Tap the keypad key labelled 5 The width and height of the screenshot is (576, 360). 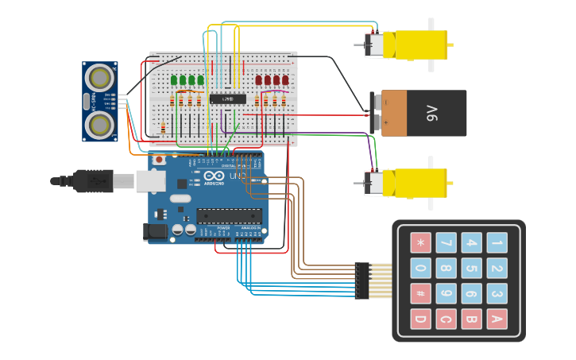471,268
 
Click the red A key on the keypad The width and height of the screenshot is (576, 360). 497,319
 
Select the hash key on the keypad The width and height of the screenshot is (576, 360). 420,293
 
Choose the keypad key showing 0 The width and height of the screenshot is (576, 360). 420,268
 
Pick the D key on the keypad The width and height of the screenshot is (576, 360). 420,319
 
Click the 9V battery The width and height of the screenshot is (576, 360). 423,113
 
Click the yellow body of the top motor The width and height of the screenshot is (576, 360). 419,45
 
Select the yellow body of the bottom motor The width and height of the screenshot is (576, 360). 419,183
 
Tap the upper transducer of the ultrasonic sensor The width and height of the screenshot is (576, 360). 100,77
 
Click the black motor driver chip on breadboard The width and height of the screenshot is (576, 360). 227,99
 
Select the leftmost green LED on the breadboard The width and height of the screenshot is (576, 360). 174,80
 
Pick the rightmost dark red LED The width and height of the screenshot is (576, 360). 285,80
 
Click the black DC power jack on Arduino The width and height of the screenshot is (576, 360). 157,231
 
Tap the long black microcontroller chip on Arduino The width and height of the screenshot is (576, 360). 229,215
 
